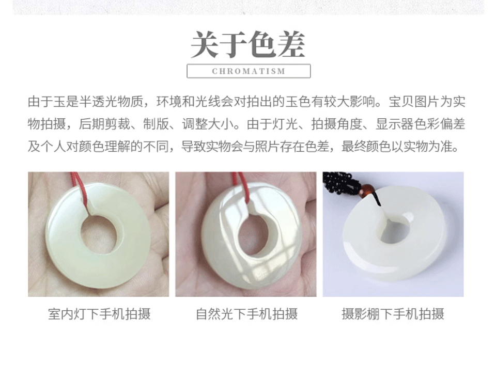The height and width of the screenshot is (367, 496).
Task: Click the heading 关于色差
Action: [248, 44]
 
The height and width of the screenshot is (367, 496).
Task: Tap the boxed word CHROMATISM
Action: [249, 71]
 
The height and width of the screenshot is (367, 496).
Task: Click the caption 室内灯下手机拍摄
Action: [99, 314]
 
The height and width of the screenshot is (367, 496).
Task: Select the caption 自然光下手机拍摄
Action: [247, 314]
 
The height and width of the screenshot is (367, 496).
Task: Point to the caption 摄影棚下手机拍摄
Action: [393, 314]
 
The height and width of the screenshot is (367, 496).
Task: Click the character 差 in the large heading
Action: [291, 44]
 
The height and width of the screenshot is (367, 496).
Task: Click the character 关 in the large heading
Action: [205, 44]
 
